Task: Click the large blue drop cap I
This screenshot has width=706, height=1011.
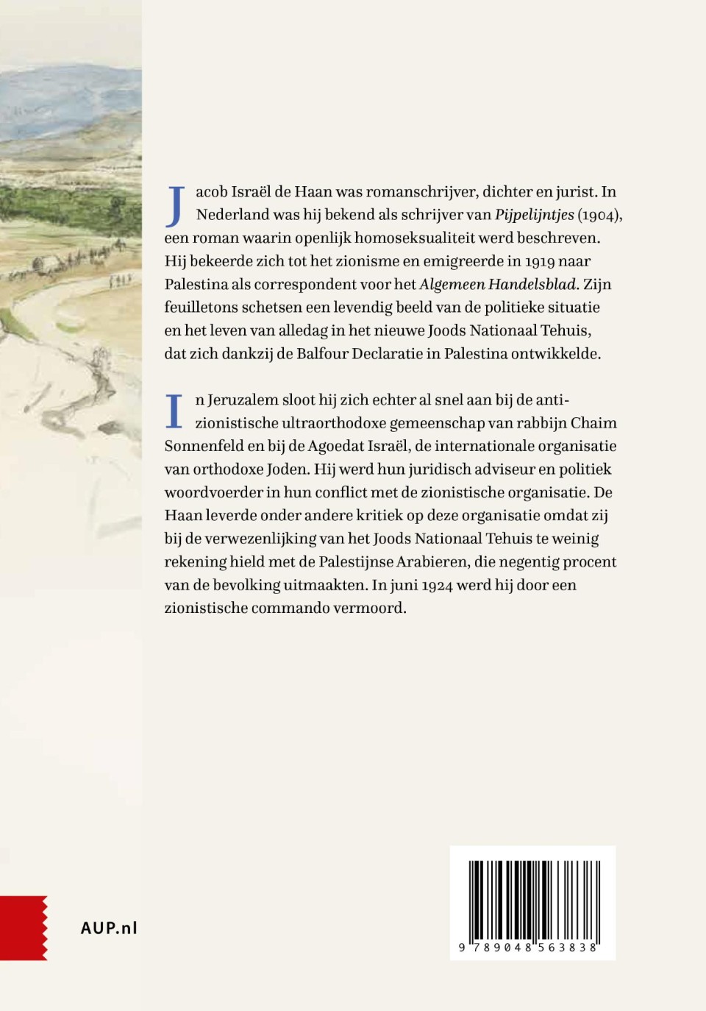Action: coord(174,411)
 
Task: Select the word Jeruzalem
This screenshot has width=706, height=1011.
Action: coord(243,400)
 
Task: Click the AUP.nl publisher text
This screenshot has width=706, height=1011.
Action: coord(109,928)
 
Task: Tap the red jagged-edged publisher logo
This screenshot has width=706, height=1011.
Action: coord(24,928)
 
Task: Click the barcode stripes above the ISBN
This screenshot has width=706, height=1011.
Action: coord(532,898)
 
